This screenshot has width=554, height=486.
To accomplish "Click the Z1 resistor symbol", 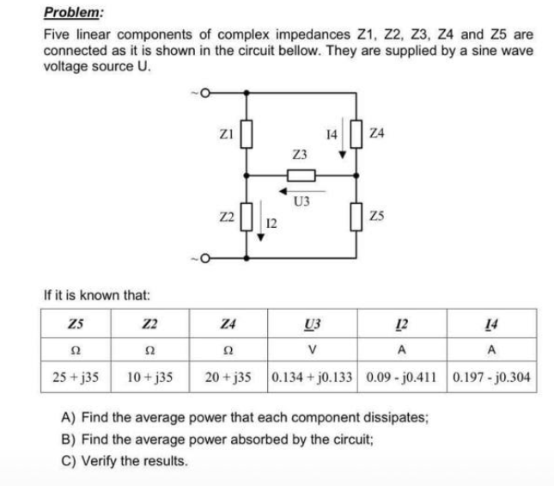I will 248,134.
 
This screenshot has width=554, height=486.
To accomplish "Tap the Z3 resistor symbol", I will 301,176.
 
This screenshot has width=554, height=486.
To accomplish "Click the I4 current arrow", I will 343,141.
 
